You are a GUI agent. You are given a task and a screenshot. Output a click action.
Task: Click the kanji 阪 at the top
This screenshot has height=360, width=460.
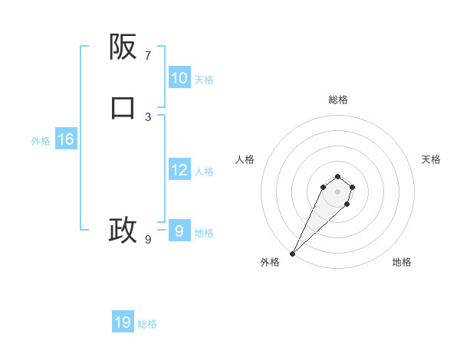coord(123,47)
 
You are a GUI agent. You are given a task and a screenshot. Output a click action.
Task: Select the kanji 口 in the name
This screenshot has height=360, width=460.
coord(123,108)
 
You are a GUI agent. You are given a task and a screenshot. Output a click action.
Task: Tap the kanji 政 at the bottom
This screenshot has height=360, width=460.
coord(123,230)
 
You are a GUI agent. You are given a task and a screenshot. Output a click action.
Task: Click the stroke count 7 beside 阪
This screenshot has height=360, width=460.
coord(148,56)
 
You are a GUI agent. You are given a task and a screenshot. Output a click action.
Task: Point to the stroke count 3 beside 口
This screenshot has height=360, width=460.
coord(148,117)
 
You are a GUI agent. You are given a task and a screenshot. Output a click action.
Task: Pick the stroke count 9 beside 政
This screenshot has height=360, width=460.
coord(148,240)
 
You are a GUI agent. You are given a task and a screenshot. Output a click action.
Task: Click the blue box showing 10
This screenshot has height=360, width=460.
coord(179,78)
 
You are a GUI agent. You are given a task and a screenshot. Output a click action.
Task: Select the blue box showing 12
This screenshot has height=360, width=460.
coord(179,170)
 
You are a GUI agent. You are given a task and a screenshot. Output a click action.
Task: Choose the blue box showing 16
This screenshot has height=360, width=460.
coord(65,139)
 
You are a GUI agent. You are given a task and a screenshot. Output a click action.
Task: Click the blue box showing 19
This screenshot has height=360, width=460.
coord(123,322)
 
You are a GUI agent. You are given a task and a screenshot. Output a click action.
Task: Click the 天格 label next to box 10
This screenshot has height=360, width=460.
coord(204,80)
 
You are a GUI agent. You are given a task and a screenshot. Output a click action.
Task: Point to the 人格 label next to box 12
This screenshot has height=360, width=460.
coord(204,172)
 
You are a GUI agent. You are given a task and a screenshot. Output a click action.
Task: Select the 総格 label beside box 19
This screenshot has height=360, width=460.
coord(147,324)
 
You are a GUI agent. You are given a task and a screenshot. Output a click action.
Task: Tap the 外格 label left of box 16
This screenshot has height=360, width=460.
coord(41,141)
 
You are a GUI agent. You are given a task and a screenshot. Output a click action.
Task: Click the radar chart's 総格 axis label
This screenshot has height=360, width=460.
coord(338,100)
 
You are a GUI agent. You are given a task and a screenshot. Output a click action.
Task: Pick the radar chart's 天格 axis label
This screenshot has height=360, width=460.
coord(431,159)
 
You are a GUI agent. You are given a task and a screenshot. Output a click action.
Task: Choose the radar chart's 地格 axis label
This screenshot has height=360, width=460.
coord(402,262)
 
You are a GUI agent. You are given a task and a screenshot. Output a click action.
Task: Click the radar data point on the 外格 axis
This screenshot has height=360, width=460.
coord(292,253)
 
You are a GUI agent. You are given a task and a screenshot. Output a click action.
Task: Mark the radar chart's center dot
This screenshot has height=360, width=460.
coord(338,191)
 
